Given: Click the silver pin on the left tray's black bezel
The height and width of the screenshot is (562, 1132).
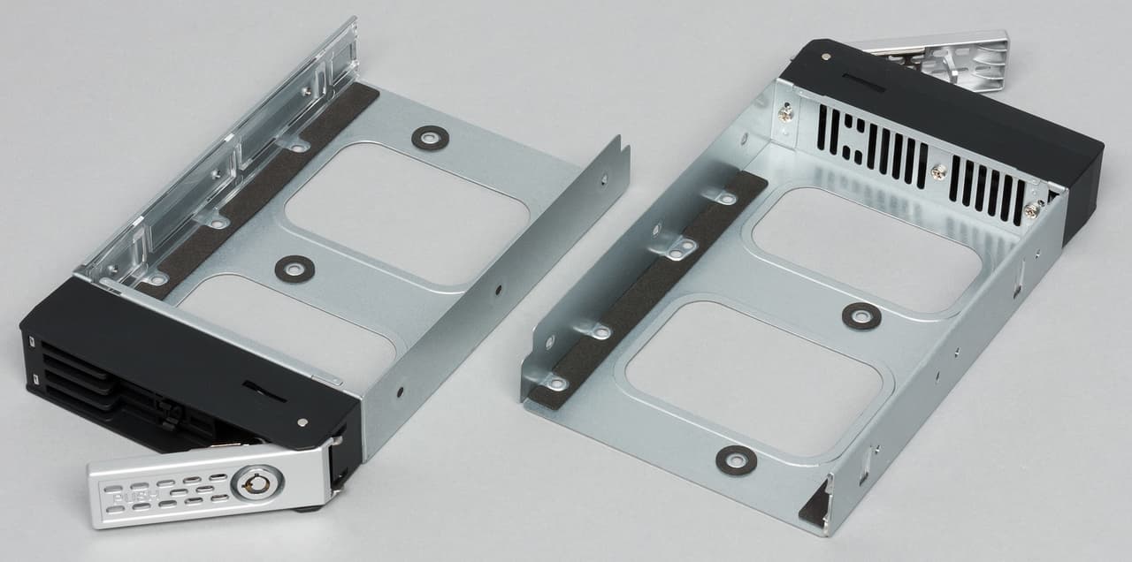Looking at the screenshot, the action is [302, 422].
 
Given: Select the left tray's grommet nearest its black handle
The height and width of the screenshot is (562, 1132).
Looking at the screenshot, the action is [294, 270].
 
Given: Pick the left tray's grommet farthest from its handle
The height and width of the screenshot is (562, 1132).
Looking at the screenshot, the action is [430, 137].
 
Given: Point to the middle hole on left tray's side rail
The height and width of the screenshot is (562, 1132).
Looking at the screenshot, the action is [498, 290].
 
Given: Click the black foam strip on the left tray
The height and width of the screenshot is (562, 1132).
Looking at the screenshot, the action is [257, 192].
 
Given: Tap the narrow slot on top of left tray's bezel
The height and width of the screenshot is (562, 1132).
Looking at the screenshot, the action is [264, 391].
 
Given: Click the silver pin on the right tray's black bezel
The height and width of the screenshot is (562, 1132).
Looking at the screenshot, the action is [825, 57].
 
